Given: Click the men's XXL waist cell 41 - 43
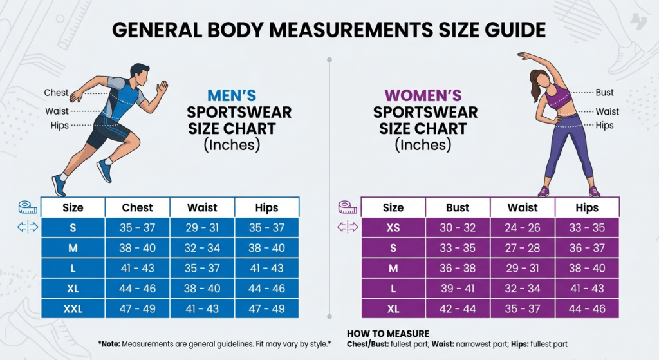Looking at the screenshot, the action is coord(202,308).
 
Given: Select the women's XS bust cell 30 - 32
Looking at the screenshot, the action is coord(458,227).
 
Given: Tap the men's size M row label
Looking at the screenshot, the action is coord(73,248).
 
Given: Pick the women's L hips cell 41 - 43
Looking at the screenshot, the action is coord(587,289).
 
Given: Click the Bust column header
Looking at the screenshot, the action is coord(458,207).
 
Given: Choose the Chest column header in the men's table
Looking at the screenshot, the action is coord(138,207).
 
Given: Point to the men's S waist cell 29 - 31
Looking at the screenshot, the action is coord(202,227).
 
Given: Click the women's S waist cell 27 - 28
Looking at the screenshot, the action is coord(523,248).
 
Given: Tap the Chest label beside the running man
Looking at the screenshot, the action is coord(57,93).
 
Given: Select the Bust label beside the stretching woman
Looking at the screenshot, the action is coord(604,93).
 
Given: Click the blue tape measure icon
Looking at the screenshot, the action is coord(28,207).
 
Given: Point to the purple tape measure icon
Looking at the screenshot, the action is coord(348,207).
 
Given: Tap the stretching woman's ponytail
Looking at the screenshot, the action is coord(535,86).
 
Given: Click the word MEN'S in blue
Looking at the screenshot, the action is coord(232,96).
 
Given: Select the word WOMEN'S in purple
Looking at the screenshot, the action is coord(423,96).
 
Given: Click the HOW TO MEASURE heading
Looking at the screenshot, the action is coord(388,334).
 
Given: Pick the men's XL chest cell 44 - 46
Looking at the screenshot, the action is coord(138,289).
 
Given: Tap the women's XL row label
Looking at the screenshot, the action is coord(393,308).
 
